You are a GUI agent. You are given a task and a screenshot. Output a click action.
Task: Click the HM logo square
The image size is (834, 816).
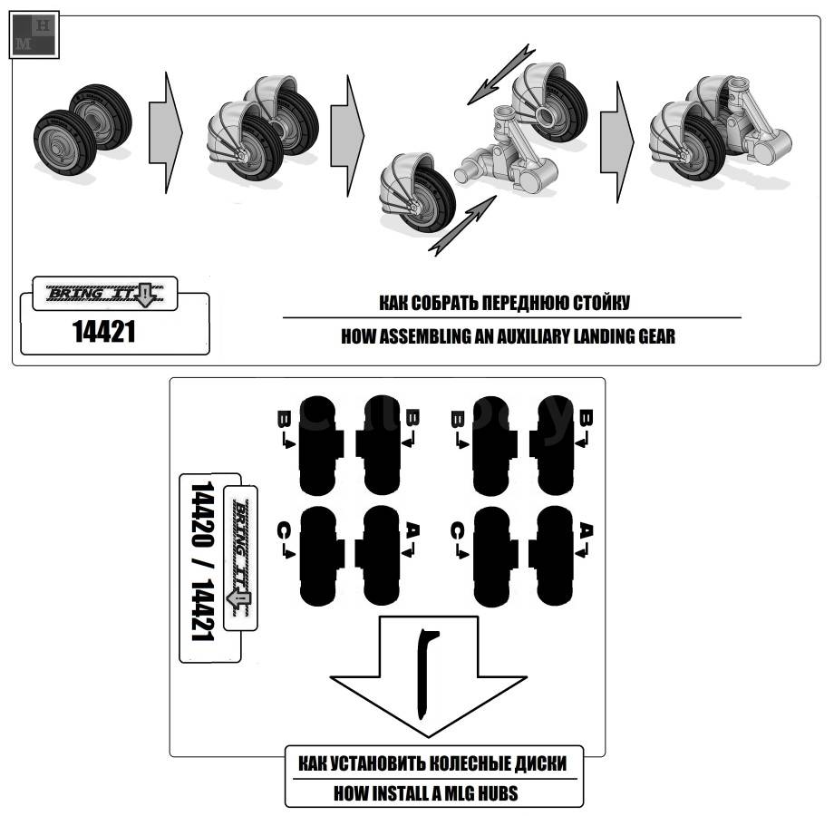coord(34,35)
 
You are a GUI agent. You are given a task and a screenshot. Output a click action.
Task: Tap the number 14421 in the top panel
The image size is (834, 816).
coord(103,332)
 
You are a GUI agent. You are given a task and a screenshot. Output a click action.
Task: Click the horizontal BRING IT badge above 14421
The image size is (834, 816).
coord(105,294)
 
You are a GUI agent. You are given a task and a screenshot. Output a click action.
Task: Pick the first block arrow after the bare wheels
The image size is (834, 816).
coord(166,132)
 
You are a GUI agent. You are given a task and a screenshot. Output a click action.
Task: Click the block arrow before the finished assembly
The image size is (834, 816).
coord(617,142)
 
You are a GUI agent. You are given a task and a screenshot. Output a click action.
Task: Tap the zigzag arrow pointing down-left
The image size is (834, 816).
coord(501,73)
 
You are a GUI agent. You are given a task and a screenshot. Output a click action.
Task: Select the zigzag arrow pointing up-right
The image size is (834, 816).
coord(462,226)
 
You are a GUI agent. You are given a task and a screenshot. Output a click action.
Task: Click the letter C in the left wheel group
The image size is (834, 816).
coord(285,531)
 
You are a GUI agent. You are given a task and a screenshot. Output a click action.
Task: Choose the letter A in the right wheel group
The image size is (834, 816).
coord(586,531)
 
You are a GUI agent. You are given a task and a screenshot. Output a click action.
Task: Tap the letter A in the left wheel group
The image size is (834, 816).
coord(412,531)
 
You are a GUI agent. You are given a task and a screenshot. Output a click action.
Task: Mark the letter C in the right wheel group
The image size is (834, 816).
coord(458,531)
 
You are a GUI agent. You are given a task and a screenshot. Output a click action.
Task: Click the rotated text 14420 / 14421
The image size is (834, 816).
coord(202,561)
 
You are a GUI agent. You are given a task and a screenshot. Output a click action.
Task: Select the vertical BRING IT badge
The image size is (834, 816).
coord(240,558)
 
